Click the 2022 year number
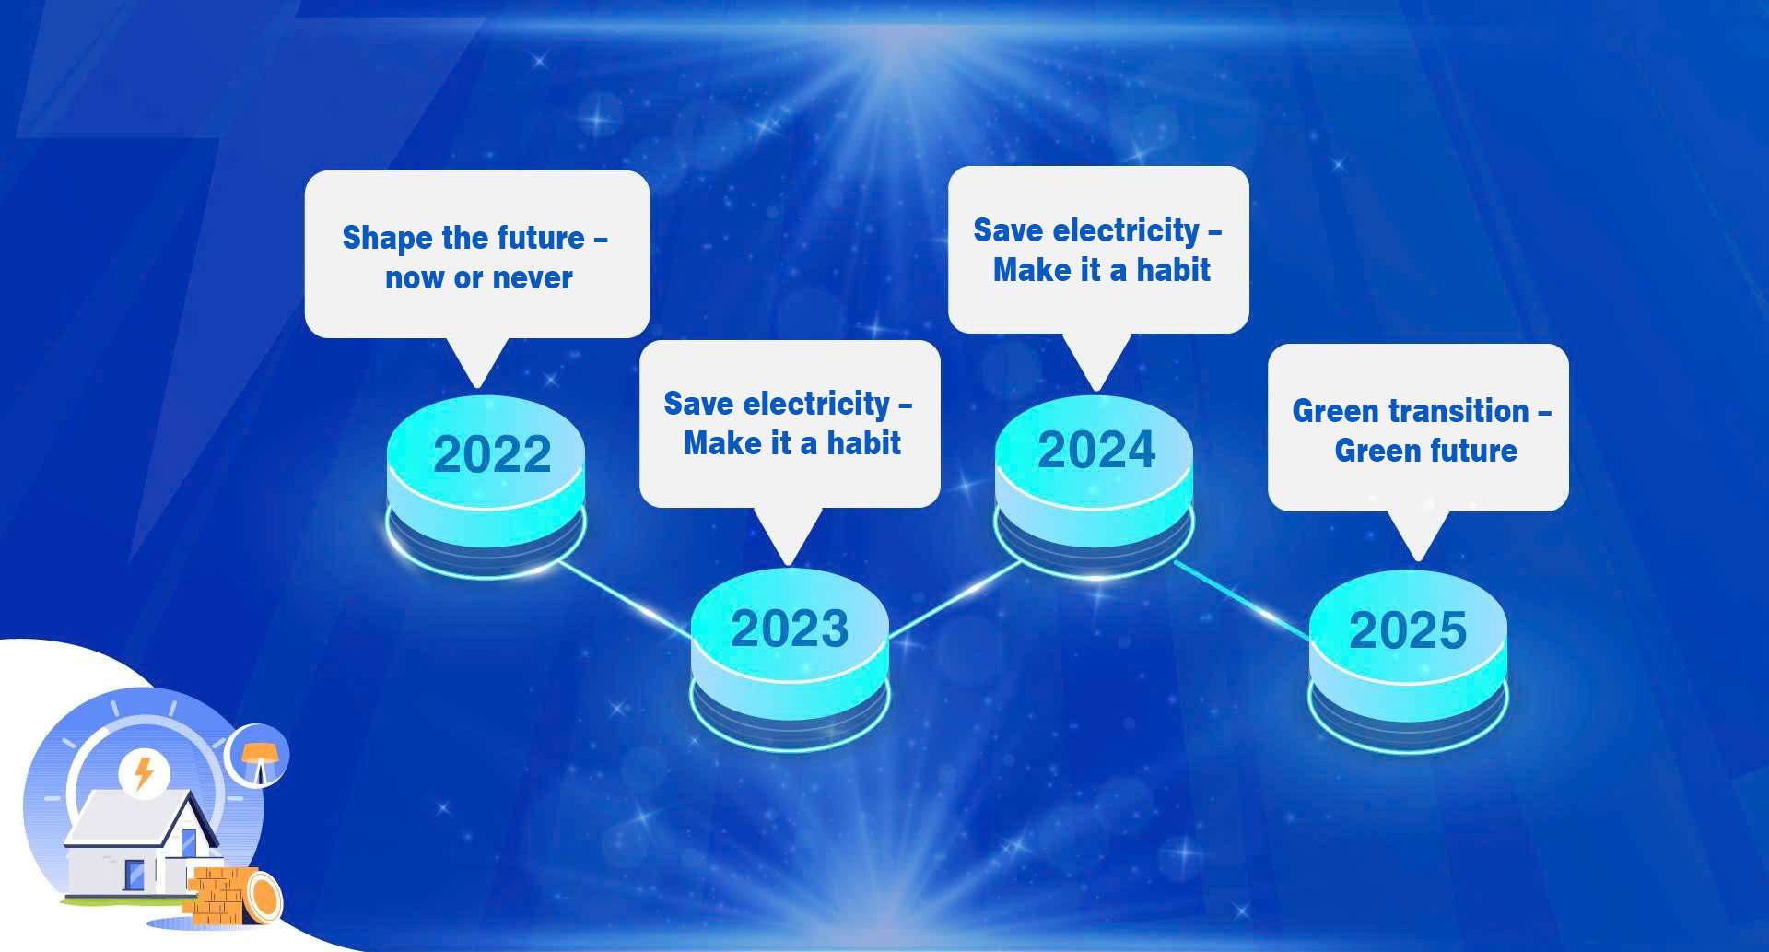[x=492, y=454]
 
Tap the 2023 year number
[x=790, y=629]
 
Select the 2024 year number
[x=1096, y=450]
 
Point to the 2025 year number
[x=1408, y=630]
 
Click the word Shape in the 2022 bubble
[x=388, y=239]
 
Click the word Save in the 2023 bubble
[x=698, y=404]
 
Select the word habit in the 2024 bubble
[x=1174, y=270]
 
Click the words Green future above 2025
[x=1426, y=451]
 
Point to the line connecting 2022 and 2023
[x=625, y=597]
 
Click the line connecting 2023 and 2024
[x=955, y=599]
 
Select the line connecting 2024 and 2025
[x=1242, y=600]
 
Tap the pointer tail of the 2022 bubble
[x=477, y=362]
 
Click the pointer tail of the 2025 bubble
[x=1419, y=535]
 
